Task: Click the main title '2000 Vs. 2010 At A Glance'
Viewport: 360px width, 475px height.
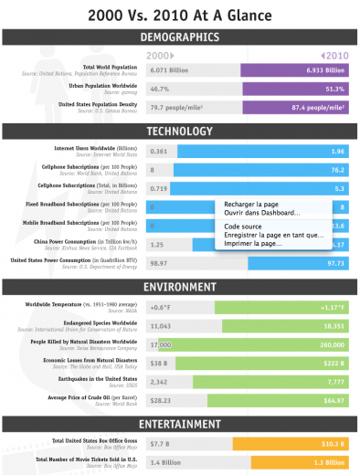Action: tap(180, 15)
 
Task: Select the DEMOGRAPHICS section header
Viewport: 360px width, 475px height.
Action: tap(180, 37)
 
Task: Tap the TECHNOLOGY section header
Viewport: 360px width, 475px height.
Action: tap(180, 131)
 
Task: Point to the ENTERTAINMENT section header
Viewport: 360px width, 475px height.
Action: tap(180, 425)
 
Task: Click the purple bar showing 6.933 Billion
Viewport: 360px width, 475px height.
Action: tap(294, 69)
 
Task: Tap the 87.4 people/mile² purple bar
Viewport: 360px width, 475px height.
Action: tap(294, 107)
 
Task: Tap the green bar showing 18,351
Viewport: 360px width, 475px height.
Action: tap(283, 325)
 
